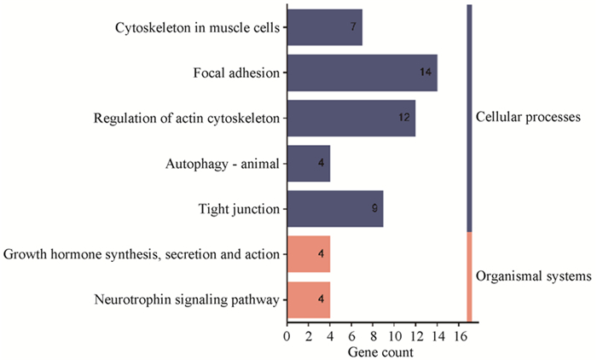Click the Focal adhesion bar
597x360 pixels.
coord(362,73)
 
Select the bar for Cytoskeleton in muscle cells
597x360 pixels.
coord(325,27)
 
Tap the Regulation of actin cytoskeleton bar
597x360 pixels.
coord(351,118)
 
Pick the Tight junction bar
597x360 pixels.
coord(335,209)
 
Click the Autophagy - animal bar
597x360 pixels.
coord(309,164)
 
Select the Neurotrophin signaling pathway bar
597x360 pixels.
coord(309,299)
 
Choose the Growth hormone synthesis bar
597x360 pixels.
coord(309,254)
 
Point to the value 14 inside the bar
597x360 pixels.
coord(426,72)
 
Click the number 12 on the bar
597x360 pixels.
coord(404,117)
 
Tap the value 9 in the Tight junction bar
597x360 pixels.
coord(374,208)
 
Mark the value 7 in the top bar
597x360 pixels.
coord(353,26)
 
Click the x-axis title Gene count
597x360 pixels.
coord(380,352)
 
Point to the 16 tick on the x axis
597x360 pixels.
coord(459,336)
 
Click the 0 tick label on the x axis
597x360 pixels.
coord(287,336)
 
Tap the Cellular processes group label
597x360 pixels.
coord(528,117)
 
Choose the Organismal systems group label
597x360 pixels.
coord(533,276)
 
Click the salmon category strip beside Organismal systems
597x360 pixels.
coord(469,277)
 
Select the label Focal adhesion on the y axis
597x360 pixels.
coord(236,73)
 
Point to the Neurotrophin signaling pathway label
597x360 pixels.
coord(187,299)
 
